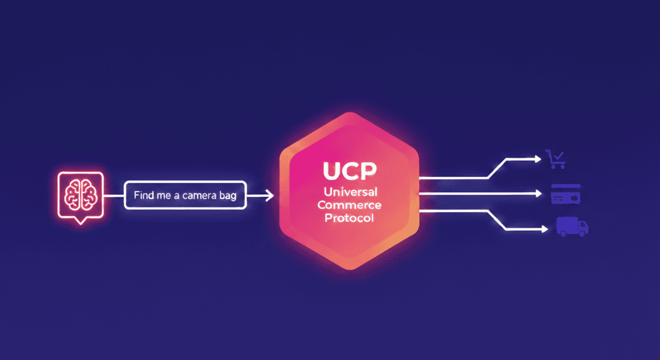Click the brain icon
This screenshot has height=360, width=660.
coord(80,195)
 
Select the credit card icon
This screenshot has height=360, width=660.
coord(565,194)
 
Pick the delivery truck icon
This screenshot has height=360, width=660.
coord(572,227)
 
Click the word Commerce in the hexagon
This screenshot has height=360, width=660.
coord(349,205)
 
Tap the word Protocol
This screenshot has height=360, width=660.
coord(349,218)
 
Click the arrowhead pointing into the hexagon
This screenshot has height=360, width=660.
coord(270,196)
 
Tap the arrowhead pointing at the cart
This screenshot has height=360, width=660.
coord(538,159)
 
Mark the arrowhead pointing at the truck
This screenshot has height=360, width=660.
coord(544,229)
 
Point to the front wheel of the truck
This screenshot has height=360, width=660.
coord(582,233)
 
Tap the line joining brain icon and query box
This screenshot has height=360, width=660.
coord(115,196)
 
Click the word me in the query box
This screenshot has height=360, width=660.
coord(164,196)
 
